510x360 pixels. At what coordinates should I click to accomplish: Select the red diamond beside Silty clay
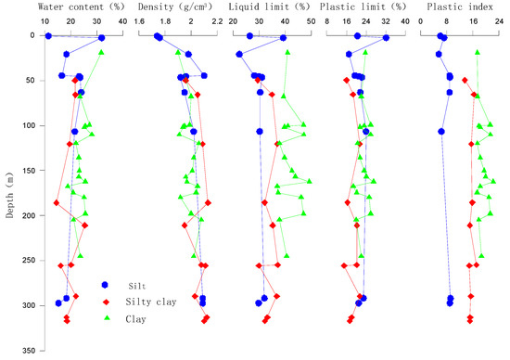107,302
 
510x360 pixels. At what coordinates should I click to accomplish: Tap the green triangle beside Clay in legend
107,318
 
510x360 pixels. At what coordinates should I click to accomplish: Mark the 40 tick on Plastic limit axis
406,22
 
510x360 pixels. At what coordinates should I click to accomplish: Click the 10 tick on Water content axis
45,22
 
